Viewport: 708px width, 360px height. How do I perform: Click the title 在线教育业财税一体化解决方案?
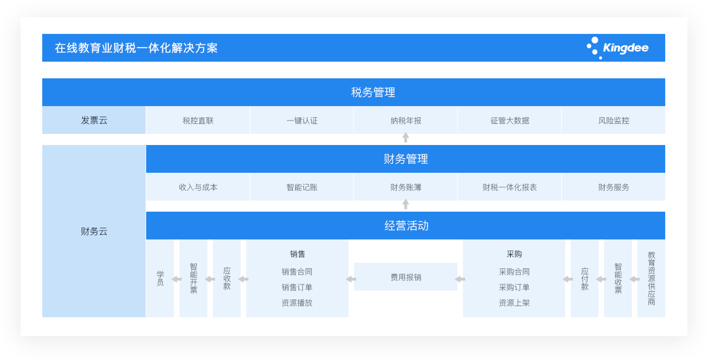pos(136,48)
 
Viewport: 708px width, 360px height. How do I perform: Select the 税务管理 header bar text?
pos(373,92)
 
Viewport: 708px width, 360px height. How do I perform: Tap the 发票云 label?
pos(94,121)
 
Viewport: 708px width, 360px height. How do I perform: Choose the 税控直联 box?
pos(198,120)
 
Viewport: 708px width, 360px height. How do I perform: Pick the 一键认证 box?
pos(302,120)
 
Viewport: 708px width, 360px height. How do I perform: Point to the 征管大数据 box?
pos(510,120)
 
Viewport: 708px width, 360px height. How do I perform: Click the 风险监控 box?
pos(614,120)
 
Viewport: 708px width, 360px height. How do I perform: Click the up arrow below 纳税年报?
pos(406,137)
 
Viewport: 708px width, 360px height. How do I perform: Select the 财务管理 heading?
pos(406,159)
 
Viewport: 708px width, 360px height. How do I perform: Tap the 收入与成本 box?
pos(198,187)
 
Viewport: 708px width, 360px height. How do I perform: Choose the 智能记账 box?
pos(302,187)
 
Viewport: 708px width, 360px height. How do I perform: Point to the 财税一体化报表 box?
pos(510,187)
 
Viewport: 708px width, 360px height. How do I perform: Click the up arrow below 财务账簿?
pos(406,204)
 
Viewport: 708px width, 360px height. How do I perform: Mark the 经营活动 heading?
pos(406,226)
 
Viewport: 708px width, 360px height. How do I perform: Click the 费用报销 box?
pos(406,277)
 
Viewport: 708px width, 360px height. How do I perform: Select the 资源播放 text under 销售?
pos(297,303)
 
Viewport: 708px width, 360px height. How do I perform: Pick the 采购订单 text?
pos(514,287)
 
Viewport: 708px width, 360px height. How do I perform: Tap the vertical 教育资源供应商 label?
pos(651,278)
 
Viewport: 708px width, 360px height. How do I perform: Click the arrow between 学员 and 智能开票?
pos(177,279)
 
